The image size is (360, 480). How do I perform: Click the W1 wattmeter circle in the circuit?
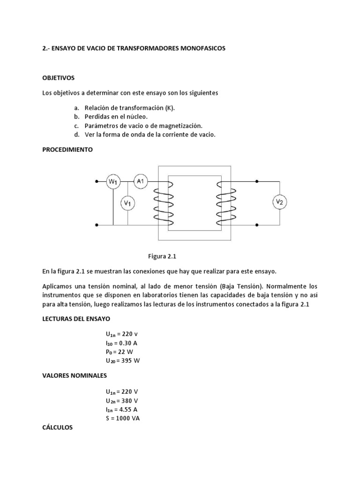[113, 181]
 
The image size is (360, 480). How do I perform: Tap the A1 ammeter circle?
[141, 181]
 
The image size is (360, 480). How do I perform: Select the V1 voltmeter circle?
[128, 203]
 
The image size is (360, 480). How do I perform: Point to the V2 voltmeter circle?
[280, 202]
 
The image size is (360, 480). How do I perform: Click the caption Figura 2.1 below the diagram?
[162, 256]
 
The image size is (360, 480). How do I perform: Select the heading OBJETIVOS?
[59, 77]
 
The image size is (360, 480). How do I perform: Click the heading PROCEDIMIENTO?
[67, 150]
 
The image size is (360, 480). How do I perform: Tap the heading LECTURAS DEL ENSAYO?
[76, 319]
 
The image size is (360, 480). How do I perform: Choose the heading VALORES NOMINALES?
[75, 375]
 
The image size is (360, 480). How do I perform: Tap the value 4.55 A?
[127, 409]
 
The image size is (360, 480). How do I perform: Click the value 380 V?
[128, 400]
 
